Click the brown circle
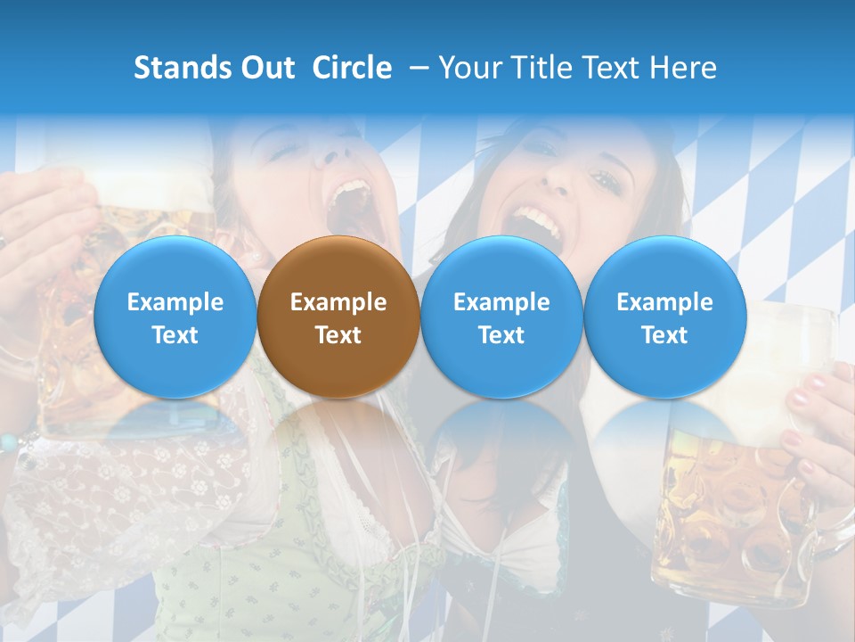click(x=338, y=317)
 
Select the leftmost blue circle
click(x=175, y=317)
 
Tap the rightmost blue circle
click(x=664, y=317)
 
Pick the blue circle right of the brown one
click(x=501, y=317)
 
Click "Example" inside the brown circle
click(x=338, y=302)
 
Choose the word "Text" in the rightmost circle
click(x=664, y=335)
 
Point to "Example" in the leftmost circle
click(x=175, y=302)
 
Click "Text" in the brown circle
click(x=338, y=335)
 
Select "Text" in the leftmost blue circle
click(x=175, y=335)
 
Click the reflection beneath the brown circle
click(x=338, y=446)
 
